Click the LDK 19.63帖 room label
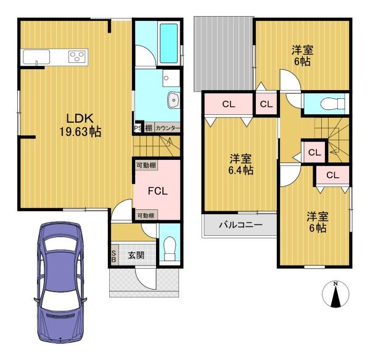(80, 125)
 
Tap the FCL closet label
(158, 191)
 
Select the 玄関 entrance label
(136, 255)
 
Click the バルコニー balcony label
(240, 224)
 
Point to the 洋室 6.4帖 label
(240, 164)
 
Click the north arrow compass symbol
(335, 295)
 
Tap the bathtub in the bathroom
(168, 43)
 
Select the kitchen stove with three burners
(77, 57)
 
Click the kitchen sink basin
(36, 57)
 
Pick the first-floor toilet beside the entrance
(170, 249)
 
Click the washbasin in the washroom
(174, 100)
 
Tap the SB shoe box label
(113, 256)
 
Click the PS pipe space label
(138, 128)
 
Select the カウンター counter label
(168, 128)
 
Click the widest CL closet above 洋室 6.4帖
(228, 104)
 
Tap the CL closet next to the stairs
(314, 153)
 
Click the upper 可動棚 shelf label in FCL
(146, 165)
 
